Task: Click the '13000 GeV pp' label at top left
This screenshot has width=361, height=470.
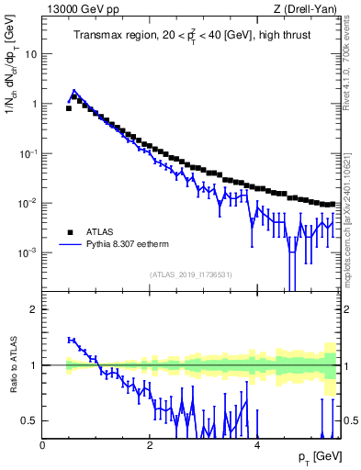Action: coord(78,8)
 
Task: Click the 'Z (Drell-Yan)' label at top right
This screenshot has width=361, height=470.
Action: coord(310,8)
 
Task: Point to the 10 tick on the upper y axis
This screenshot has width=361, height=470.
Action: coord(31,53)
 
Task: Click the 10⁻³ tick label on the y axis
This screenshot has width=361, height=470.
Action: coord(28,252)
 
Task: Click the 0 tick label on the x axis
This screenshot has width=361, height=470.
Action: coord(42,445)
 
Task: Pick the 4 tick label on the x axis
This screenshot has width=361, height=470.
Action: coord(256,445)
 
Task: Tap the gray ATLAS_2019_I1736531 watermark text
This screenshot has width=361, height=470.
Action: coord(191,275)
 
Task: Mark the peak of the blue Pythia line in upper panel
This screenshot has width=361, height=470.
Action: coord(74,92)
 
